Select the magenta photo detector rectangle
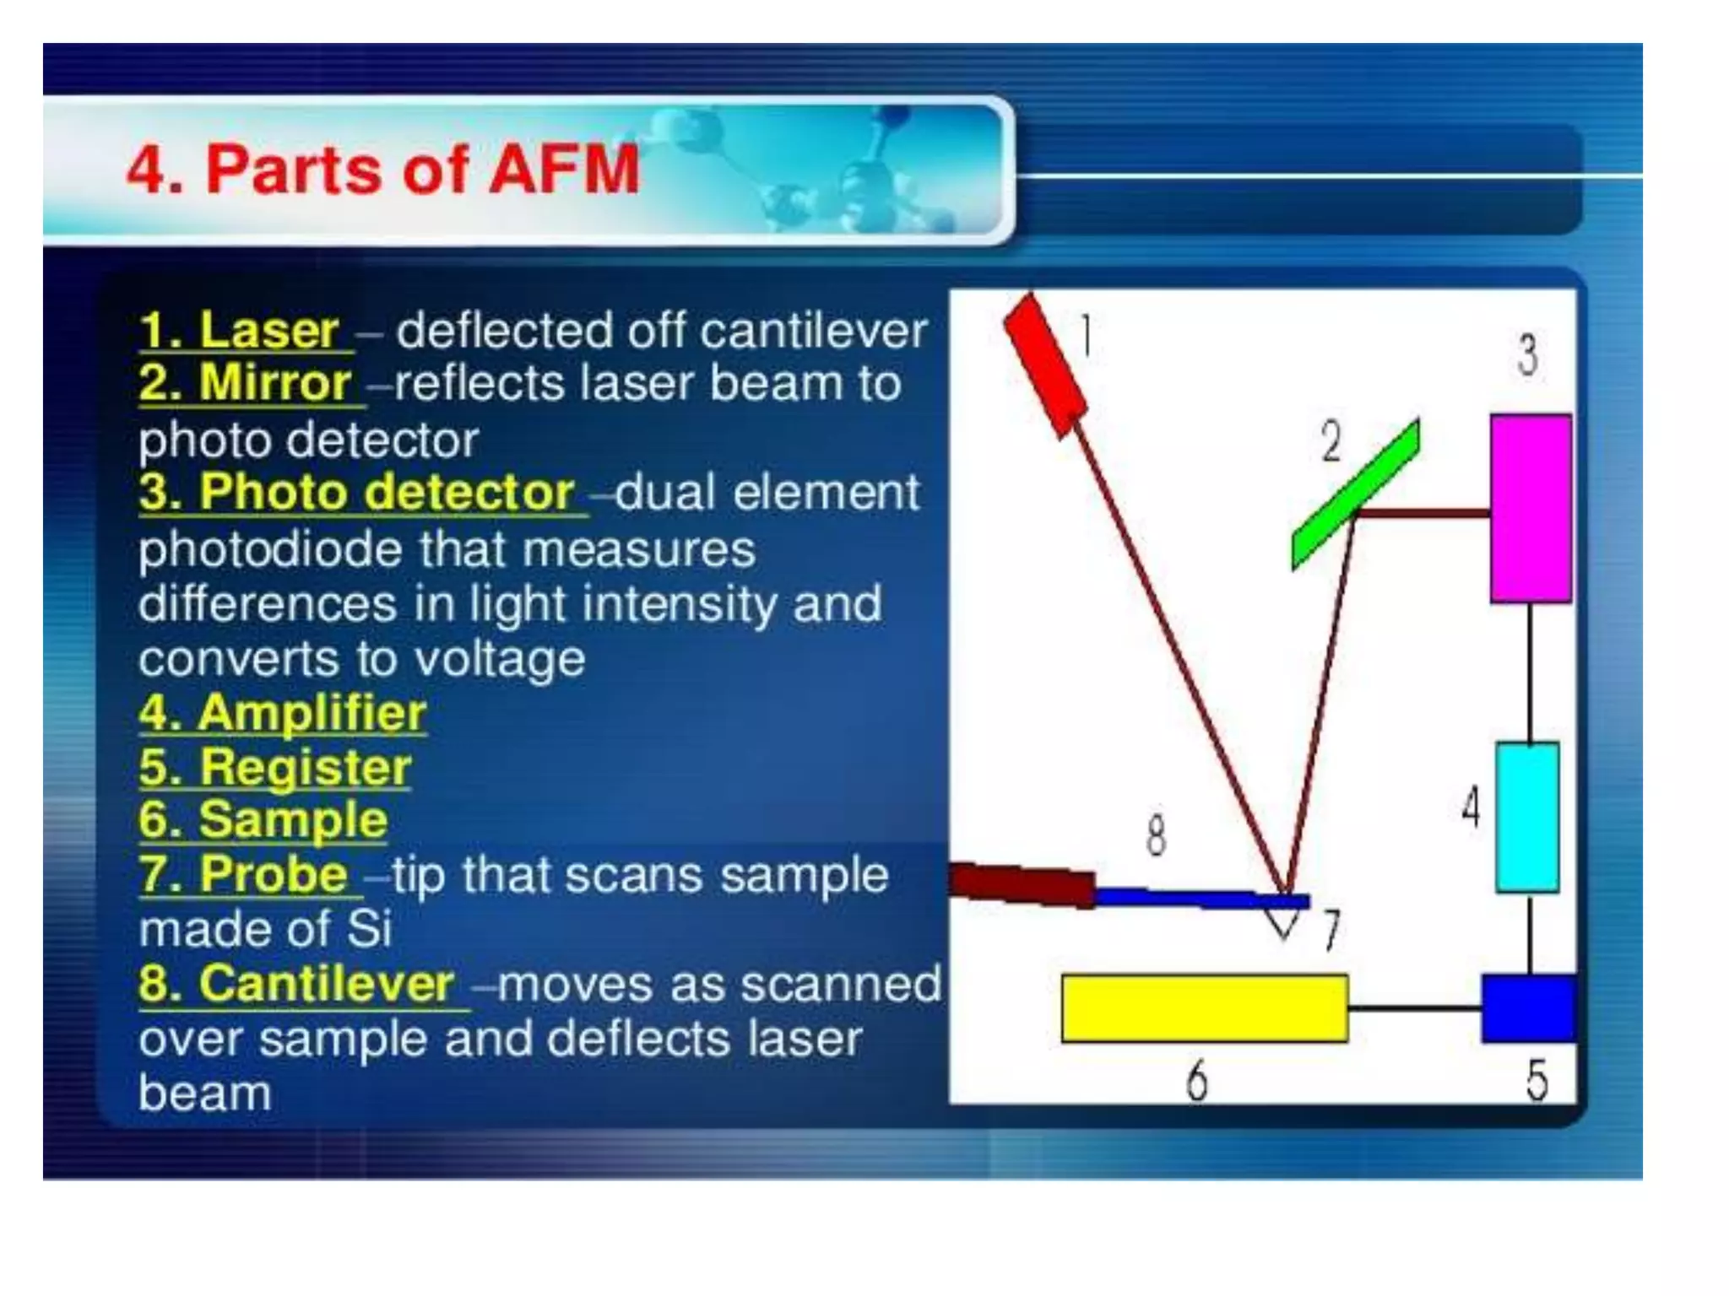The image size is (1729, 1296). click(1530, 508)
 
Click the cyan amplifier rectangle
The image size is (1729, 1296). click(1526, 817)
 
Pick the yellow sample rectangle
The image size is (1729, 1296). click(1204, 1008)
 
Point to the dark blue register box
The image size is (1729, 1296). click(1526, 1008)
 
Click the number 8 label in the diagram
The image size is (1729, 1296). click(1156, 835)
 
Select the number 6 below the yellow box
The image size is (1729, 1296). click(1196, 1080)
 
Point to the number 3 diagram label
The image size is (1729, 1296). click(1527, 354)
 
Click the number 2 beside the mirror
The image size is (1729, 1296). click(1331, 440)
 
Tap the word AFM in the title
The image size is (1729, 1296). click(563, 169)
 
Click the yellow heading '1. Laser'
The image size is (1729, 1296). click(240, 330)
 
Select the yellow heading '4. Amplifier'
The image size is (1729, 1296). click(283, 713)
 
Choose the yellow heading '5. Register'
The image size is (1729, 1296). click(275, 767)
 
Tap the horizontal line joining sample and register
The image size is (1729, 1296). click(1414, 1008)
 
